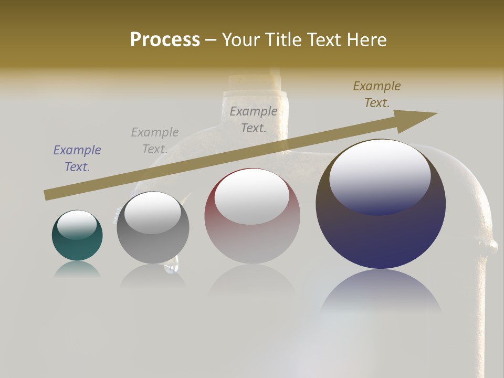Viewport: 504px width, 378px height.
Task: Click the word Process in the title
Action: click(165, 40)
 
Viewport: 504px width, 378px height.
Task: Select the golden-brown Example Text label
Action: click(377, 94)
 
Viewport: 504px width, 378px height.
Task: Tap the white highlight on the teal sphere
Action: click(77, 224)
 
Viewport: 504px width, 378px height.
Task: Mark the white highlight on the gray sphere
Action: click(153, 212)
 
